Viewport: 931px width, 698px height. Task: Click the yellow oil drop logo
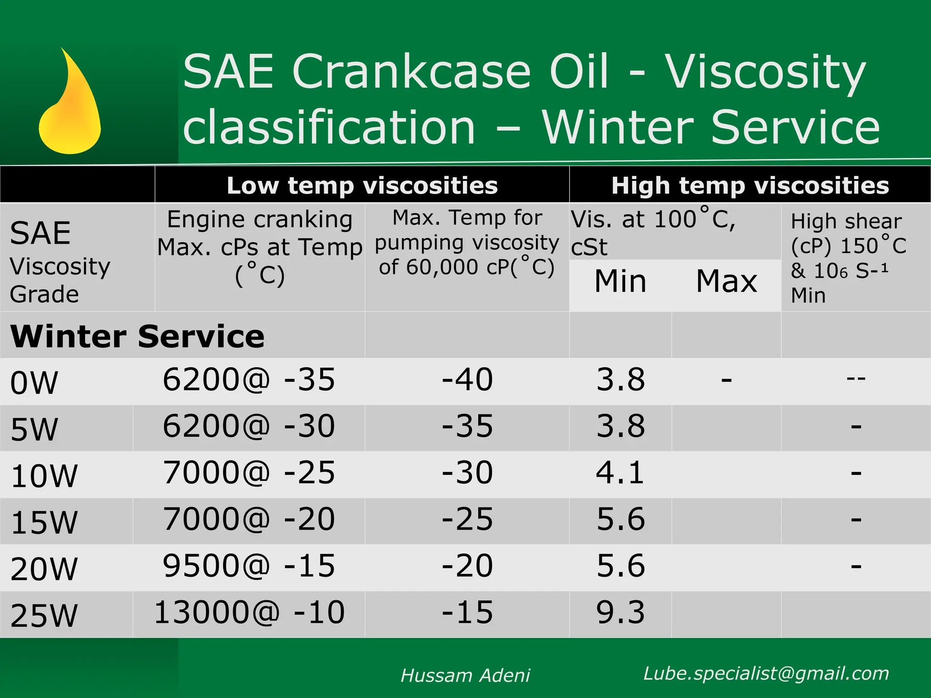[70, 109]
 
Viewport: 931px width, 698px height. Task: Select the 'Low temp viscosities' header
[362, 185]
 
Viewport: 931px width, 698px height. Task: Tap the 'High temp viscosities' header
[750, 185]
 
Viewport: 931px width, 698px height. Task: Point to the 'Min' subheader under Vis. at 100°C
[620, 281]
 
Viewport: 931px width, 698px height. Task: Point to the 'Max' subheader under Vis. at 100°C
[726, 281]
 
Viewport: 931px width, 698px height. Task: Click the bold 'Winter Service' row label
[137, 337]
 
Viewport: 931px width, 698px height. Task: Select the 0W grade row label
[34, 383]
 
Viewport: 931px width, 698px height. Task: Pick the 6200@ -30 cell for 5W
[249, 426]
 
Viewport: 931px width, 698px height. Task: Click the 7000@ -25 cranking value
[249, 473]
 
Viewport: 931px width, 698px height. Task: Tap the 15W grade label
[44, 522]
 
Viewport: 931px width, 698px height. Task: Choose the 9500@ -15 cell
[249, 566]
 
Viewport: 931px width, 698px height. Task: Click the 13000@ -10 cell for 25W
[250, 612]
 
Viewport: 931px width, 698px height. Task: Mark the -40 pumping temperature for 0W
[467, 379]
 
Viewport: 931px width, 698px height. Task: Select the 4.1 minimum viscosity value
[620, 473]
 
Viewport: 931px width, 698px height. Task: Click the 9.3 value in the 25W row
[620, 612]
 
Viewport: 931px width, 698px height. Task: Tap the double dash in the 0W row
[856, 378]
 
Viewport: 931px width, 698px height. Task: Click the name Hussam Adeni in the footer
[465, 675]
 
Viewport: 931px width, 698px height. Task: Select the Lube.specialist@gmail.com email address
[766, 673]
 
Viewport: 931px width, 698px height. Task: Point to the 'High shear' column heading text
[846, 222]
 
